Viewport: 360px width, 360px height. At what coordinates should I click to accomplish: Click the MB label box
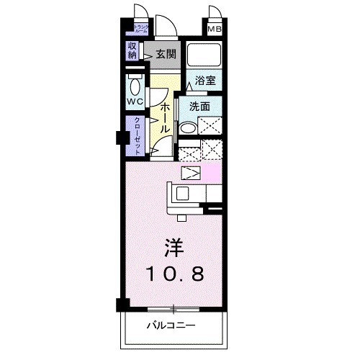pos(215,30)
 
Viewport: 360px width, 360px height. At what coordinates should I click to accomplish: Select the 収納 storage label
pos(132,50)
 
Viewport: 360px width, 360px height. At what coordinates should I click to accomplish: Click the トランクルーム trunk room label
pos(140,30)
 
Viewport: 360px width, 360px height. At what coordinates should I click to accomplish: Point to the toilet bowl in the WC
pos(134,81)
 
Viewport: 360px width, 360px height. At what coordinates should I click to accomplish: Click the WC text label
pos(135,102)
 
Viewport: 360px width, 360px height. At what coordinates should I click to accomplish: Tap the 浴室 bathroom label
pos(205,81)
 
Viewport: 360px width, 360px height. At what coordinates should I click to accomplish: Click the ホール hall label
pos(165,115)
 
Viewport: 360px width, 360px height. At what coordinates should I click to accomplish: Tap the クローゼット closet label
pos(135,137)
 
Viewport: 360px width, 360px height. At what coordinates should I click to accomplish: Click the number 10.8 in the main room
pos(176,274)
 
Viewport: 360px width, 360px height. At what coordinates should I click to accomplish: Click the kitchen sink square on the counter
pos(181,193)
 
